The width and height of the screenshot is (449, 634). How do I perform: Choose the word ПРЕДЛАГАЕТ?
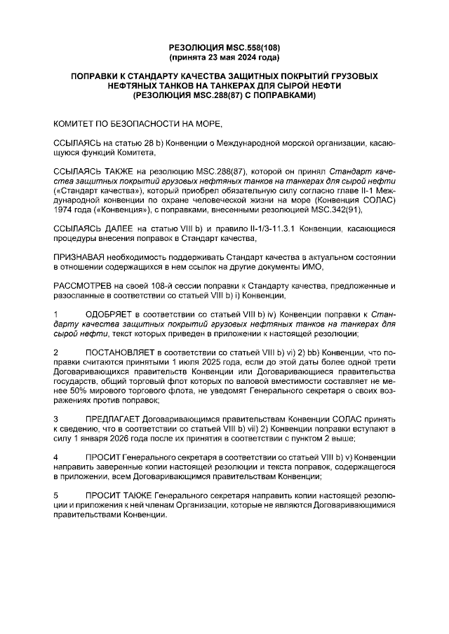(116, 418)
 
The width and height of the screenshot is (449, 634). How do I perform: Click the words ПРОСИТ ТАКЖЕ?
(119, 495)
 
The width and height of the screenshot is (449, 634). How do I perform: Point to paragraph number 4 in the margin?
(57, 457)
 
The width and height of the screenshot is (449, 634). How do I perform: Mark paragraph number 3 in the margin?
(57, 418)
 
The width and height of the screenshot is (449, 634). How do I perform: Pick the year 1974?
(65, 209)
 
